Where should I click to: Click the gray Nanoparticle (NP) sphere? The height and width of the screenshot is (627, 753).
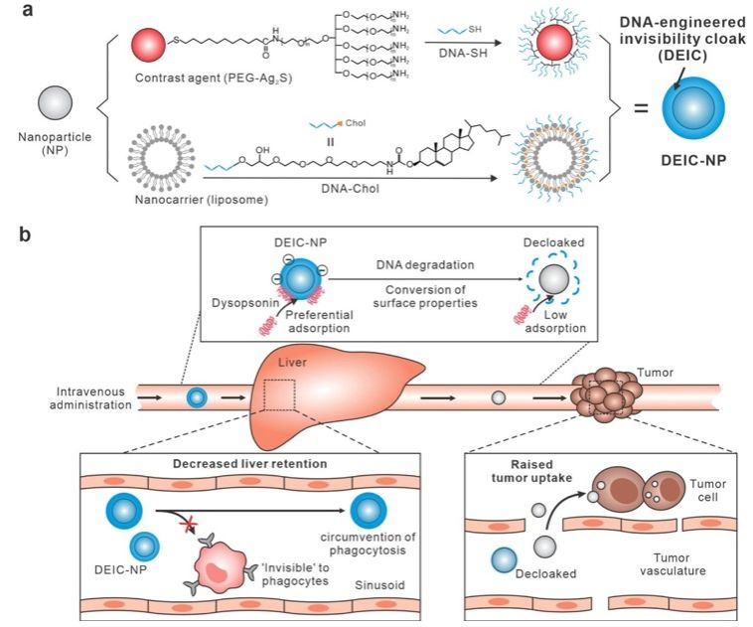55,103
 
